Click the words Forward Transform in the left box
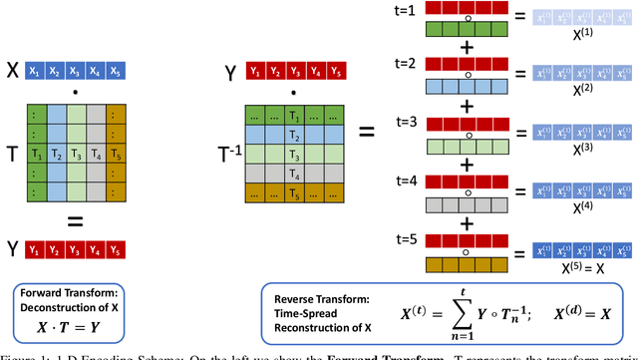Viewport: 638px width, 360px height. click(x=79, y=297)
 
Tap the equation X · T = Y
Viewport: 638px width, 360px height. click(x=79, y=326)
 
